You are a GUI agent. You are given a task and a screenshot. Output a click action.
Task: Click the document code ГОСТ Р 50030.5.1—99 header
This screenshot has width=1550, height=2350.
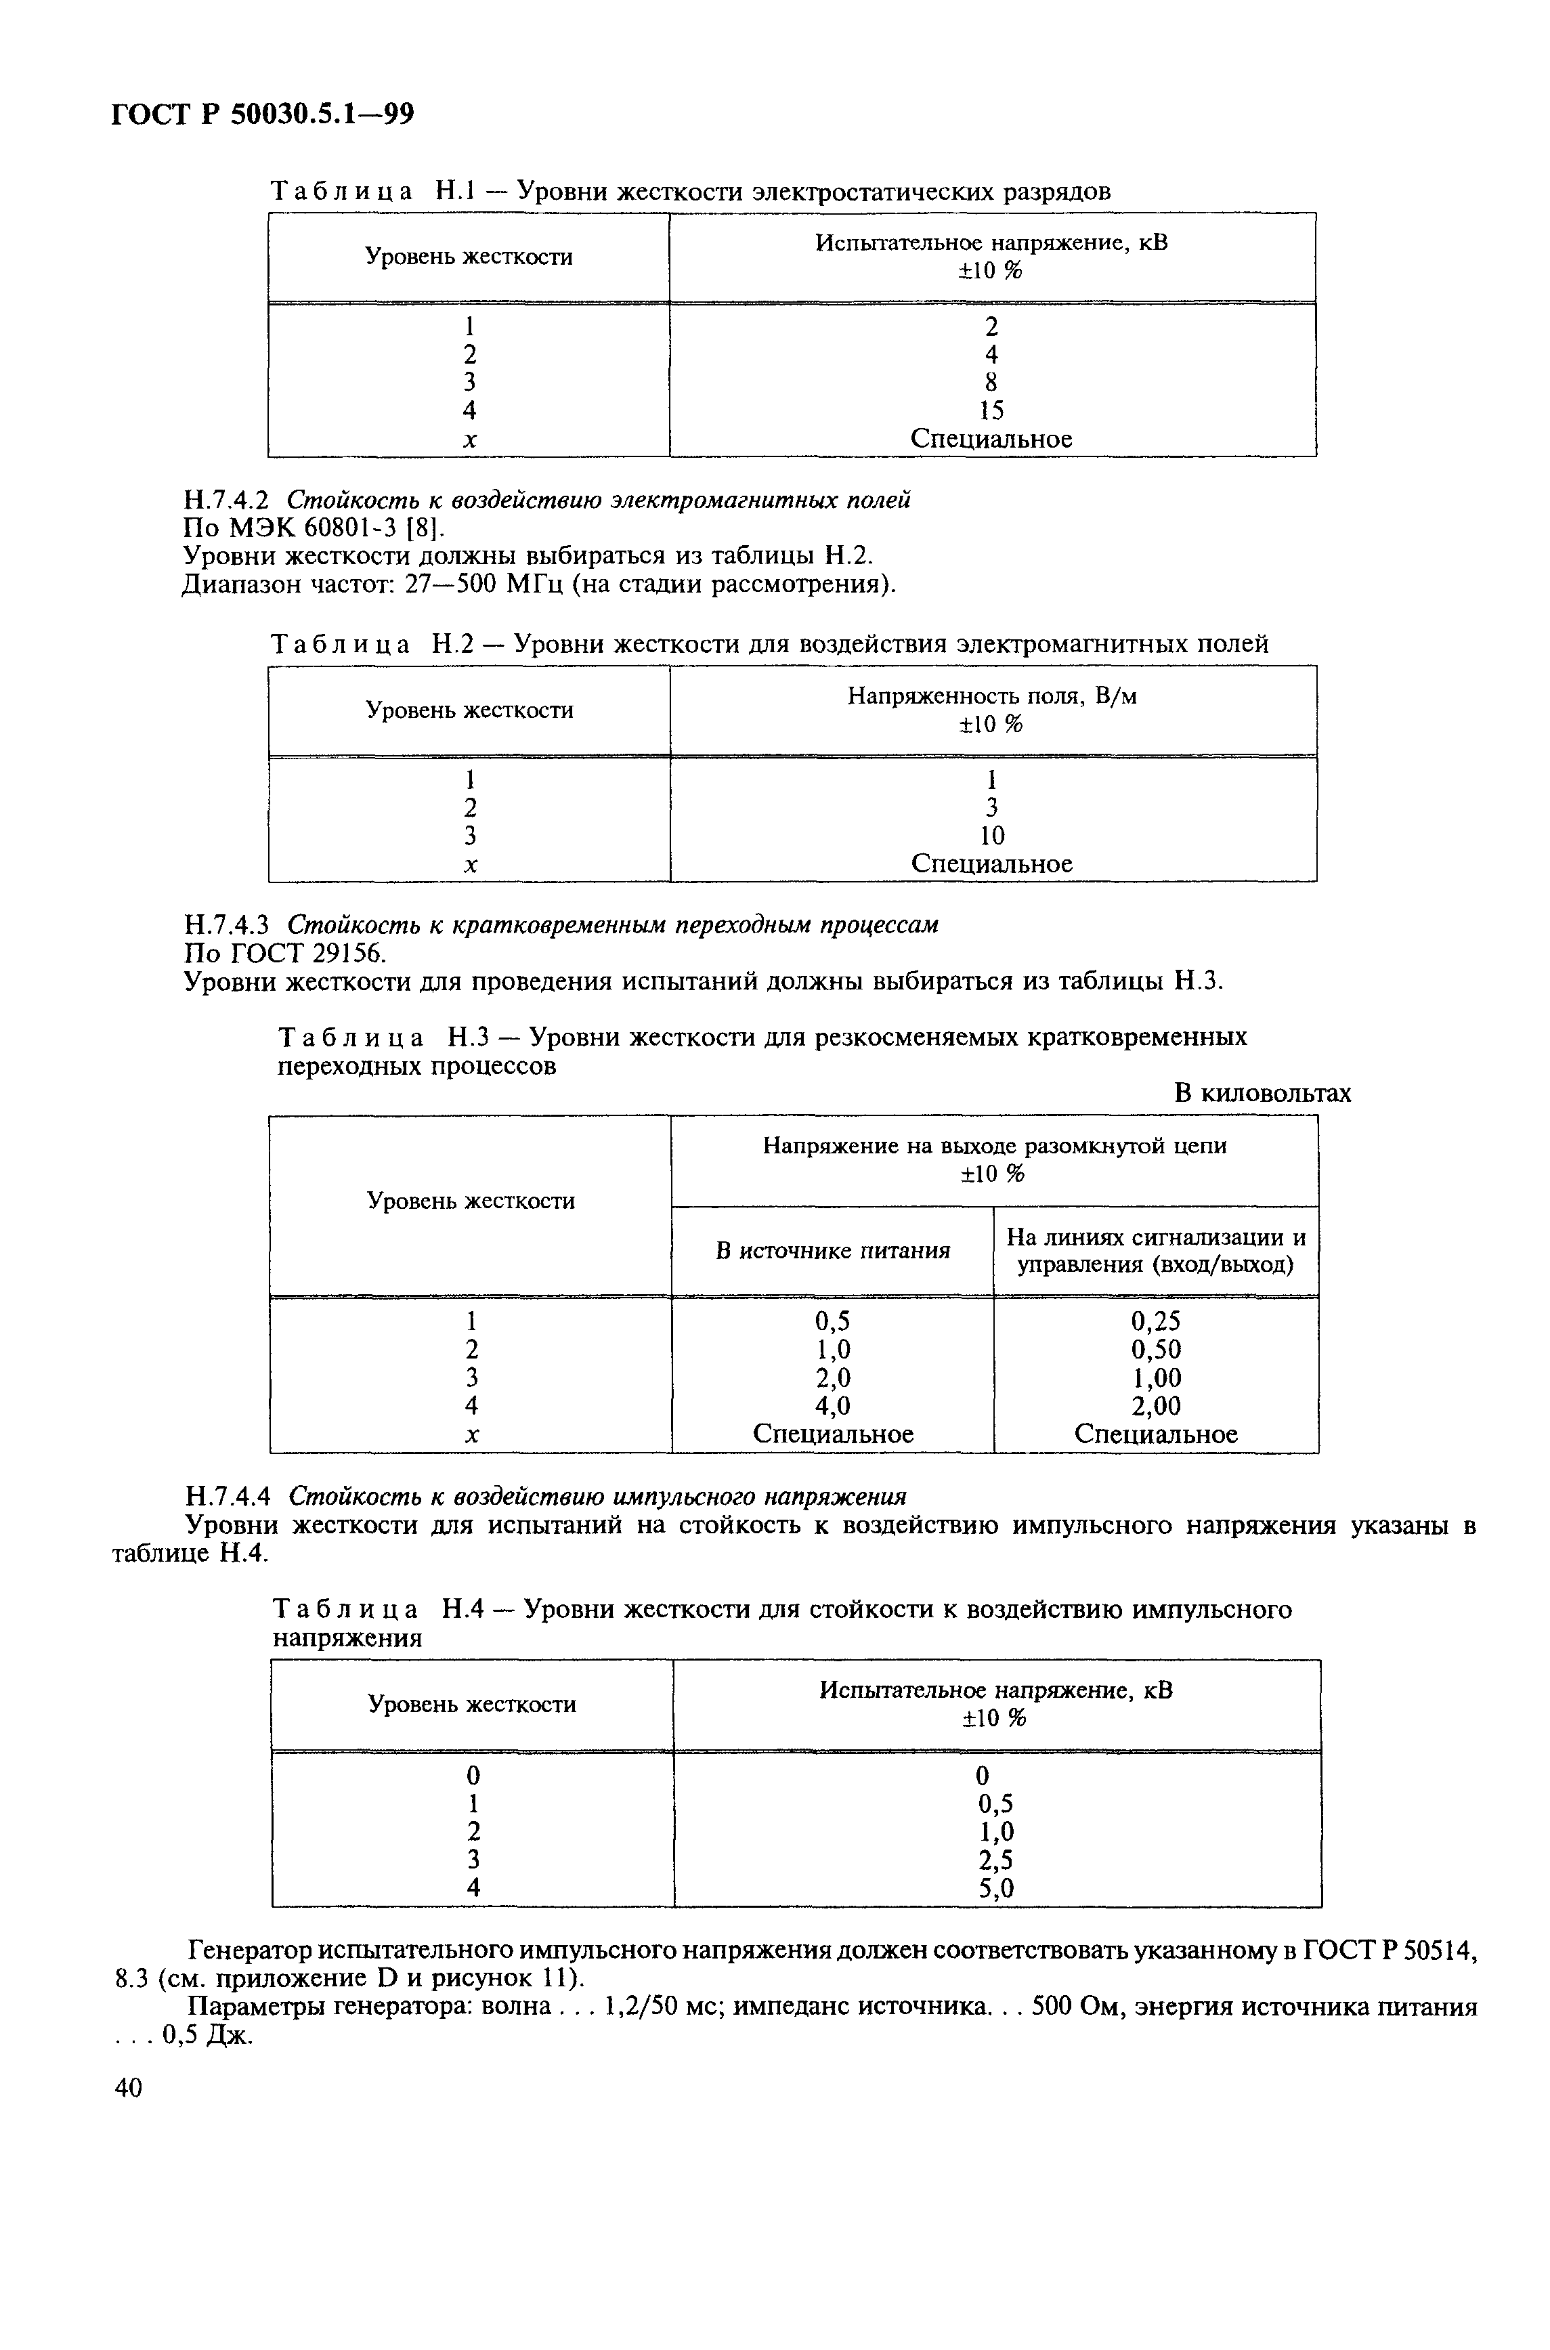pyautogui.click(x=262, y=116)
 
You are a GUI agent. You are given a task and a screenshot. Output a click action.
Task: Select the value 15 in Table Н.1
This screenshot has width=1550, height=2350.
pyautogui.click(x=991, y=410)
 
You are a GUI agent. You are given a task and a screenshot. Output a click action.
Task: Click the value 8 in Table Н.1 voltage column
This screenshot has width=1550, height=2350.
pyautogui.click(x=991, y=381)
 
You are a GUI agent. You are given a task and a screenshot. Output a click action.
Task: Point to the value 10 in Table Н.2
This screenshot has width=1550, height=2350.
pyautogui.click(x=991, y=836)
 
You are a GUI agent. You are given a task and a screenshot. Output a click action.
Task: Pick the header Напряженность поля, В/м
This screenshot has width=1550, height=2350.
pyautogui.click(x=991, y=696)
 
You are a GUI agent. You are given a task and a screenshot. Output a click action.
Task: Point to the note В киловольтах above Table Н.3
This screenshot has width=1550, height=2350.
pyautogui.click(x=1262, y=1094)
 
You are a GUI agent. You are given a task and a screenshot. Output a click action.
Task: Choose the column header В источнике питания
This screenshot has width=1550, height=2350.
pyautogui.click(x=832, y=1251)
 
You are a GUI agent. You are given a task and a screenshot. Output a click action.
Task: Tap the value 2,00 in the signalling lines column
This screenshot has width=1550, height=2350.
pyautogui.click(x=1156, y=1406)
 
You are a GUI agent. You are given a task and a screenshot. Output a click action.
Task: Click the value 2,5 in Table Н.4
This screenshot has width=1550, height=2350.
pyautogui.click(x=995, y=1860)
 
